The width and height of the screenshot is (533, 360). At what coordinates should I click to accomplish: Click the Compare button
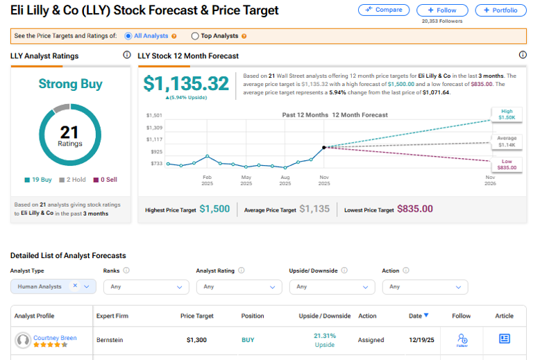pyautogui.click(x=383, y=10)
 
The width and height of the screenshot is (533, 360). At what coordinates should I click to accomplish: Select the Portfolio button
pyautogui.click(x=500, y=10)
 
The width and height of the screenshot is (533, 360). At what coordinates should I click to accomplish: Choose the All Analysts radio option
pyautogui.click(x=128, y=36)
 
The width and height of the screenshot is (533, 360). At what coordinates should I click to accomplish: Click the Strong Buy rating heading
pyautogui.click(x=70, y=84)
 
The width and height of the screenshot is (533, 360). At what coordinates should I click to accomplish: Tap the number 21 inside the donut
pyautogui.click(x=70, y=132)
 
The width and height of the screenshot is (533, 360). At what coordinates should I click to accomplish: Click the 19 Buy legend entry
pyautogui.click(x=38, y=180)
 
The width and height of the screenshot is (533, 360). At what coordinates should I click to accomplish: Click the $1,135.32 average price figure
pyautogui.click(x=186, y=84)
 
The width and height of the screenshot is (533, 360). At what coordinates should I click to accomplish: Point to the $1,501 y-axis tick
pyautogui.click(x=154, y=115)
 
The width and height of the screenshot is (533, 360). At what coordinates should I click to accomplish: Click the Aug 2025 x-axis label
pyautogui.click(x=285, y=180)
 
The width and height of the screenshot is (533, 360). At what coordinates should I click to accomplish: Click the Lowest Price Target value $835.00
pyautogui.click(x=414, y=209)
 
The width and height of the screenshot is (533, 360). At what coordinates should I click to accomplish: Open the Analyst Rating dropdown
pyautogui.click(x=235, y=286)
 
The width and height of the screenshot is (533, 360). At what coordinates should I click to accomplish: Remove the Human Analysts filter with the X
pyautogui.click(x=75, y=286)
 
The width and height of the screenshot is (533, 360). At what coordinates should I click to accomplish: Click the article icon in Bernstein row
pyautogui.click(x=505, y=338)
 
